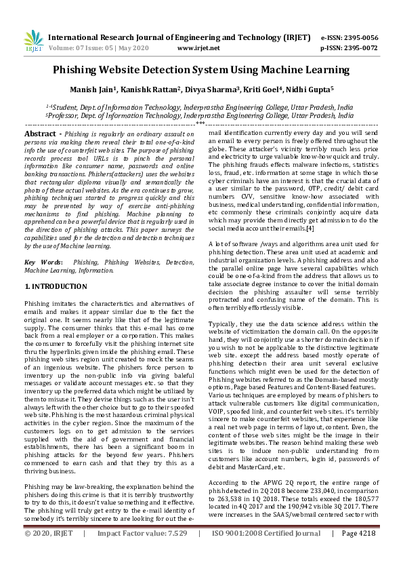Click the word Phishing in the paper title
81,70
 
